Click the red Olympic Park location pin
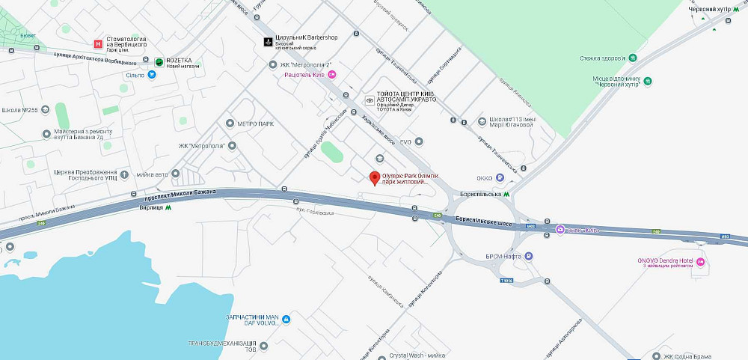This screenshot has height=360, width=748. (x=375, y=177)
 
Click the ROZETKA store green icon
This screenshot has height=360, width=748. (x=159, y=61)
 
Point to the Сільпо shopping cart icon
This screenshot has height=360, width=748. (x=152, y=74)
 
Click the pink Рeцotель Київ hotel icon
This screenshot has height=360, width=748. (x=333, y=74)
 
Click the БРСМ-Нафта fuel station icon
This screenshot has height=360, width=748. (x=529, y=256)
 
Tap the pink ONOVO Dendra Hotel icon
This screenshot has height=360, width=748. (x=700, y=261)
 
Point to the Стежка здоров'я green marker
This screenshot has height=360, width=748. (x=633, y=58)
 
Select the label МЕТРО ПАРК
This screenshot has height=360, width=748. (x=257, y=123)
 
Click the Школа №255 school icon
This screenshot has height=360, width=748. (x=46, y=110)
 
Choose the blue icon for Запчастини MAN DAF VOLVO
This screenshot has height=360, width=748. (x=285, y=320)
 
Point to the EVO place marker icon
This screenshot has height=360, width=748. (x=419, y=141)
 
